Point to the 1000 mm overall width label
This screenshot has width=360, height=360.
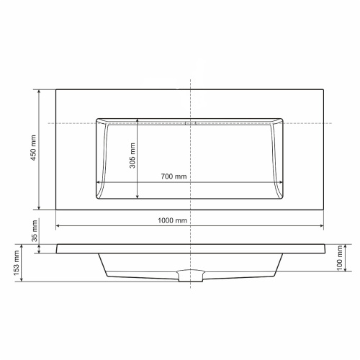[x=174, y=220]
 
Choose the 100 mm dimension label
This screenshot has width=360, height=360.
[x=339, y=258]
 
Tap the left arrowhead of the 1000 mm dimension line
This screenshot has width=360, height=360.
[x=58, y=226]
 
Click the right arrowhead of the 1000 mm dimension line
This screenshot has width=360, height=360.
[x=322, y=226]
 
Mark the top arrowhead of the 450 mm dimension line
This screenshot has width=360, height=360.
[x=40, y=91]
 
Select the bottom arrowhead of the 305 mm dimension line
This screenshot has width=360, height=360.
[x=138, y=197]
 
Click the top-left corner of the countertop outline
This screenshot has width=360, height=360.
[x=55, y=89]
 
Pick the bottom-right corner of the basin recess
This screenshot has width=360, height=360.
[x=283, y=199]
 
